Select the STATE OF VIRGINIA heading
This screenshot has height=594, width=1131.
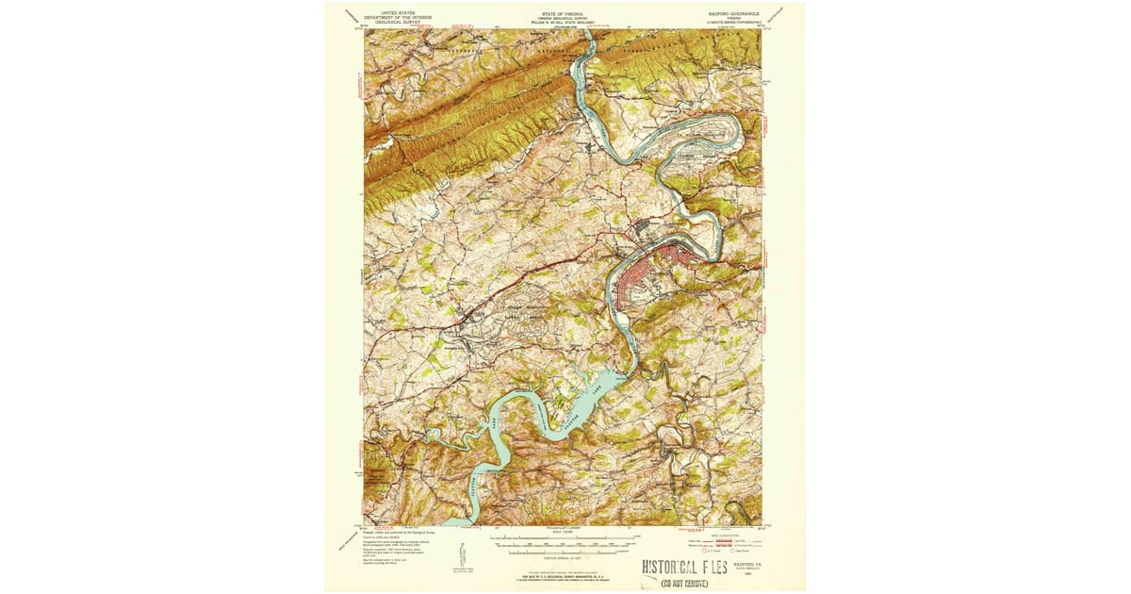tap(563, 13)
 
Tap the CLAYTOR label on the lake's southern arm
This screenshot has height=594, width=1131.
tap(472, 490)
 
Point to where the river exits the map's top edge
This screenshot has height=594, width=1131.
tap(588, 31)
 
